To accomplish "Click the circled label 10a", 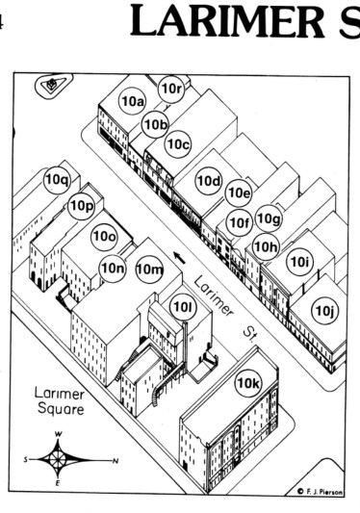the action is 133,101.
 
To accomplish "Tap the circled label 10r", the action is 171,89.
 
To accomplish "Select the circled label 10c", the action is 178,144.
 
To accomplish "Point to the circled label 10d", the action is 209,181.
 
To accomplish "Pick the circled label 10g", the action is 269,218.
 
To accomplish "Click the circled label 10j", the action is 324,311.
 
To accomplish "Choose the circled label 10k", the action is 248,383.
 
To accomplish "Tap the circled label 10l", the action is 183,307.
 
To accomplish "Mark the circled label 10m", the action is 149,269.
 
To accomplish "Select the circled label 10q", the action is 58,180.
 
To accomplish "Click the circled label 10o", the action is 104,236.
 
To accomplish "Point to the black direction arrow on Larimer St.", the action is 179,257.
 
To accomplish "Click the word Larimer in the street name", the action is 214,296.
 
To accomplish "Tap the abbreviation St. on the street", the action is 249,335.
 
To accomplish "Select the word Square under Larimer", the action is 61,409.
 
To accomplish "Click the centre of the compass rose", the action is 58,460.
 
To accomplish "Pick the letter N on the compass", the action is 116,461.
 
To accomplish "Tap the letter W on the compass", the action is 59,434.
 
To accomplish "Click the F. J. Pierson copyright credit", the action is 321,492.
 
